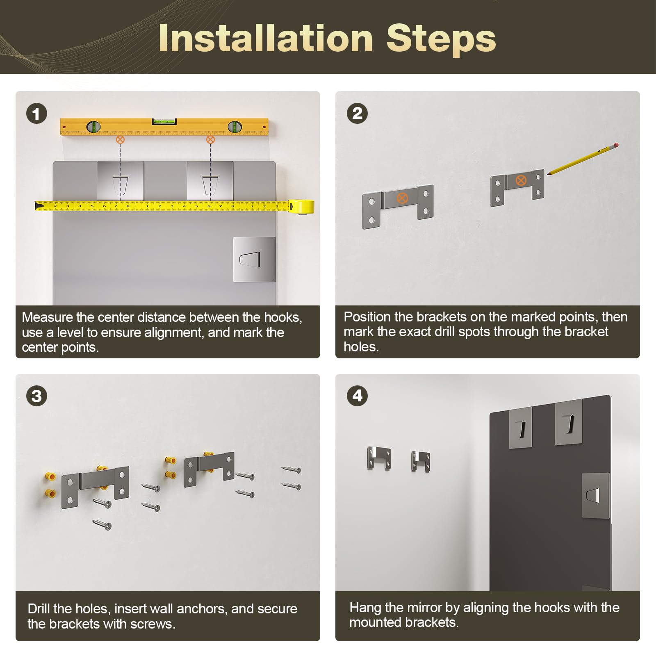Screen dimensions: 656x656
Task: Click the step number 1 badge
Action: [36, 114]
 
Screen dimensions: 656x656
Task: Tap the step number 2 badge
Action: [357, 113]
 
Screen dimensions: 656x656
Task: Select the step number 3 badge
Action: [36, 396]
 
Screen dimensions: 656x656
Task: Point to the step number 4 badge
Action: [357, 396]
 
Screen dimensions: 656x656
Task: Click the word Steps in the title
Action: [441, 39]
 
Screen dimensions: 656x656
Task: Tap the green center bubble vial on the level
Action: [164, 121]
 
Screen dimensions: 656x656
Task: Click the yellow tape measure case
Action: [301, 206]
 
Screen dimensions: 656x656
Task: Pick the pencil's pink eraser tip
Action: [615, 145]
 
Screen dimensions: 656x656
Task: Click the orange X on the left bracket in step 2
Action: [402, 198]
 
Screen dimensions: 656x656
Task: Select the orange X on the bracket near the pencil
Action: [521, 180]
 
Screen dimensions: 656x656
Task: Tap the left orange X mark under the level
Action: [120, 139]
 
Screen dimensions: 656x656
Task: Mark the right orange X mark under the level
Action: [210, 139]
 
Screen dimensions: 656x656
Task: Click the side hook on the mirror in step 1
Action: [254, 260]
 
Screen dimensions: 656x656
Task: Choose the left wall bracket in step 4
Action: [379, 458]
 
